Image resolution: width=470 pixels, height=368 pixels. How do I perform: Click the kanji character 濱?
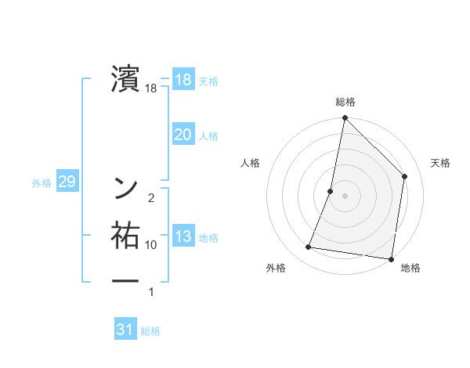click(x=125, y=78)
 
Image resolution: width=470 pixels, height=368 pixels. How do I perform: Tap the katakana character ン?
click(x=125, y=188)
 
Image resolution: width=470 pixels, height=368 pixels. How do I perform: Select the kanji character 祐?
click(x=125, y=236)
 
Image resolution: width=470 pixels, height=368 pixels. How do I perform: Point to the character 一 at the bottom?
click(x=125, y=280)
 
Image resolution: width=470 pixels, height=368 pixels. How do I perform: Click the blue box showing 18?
click(x=183, y=80)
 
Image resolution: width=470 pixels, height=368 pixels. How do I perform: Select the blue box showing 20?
click(x=183, y=135)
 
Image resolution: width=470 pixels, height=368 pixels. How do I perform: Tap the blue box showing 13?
click(x=183, y=236)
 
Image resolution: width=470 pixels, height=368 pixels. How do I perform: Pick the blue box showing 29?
click(x=67, y=182)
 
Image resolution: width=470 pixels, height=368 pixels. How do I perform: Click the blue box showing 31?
click(x=125, y=330)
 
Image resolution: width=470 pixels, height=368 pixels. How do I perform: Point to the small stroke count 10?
click(x=151, y=245)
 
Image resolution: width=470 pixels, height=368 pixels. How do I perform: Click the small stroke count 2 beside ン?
click(x=150, y=197)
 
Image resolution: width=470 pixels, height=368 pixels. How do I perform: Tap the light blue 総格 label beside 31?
click(x=150, y=331)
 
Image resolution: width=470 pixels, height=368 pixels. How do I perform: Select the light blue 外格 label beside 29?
click(x=42, y=183)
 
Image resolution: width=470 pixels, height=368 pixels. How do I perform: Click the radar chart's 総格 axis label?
click(x=345, y=102)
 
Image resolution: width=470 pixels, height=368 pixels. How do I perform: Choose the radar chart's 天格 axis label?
click(x=440, y=163)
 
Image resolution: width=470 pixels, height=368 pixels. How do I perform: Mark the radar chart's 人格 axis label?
click(x=250, y=163)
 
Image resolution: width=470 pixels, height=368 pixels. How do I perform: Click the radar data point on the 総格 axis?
click(x=345, y=118)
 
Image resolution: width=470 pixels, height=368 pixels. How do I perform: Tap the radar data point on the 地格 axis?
click(x=391, y=258)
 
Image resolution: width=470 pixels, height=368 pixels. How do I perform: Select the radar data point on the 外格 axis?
click(x=309, y=247)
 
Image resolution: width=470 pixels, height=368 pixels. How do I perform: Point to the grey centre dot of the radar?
click(x=345, y=195)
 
